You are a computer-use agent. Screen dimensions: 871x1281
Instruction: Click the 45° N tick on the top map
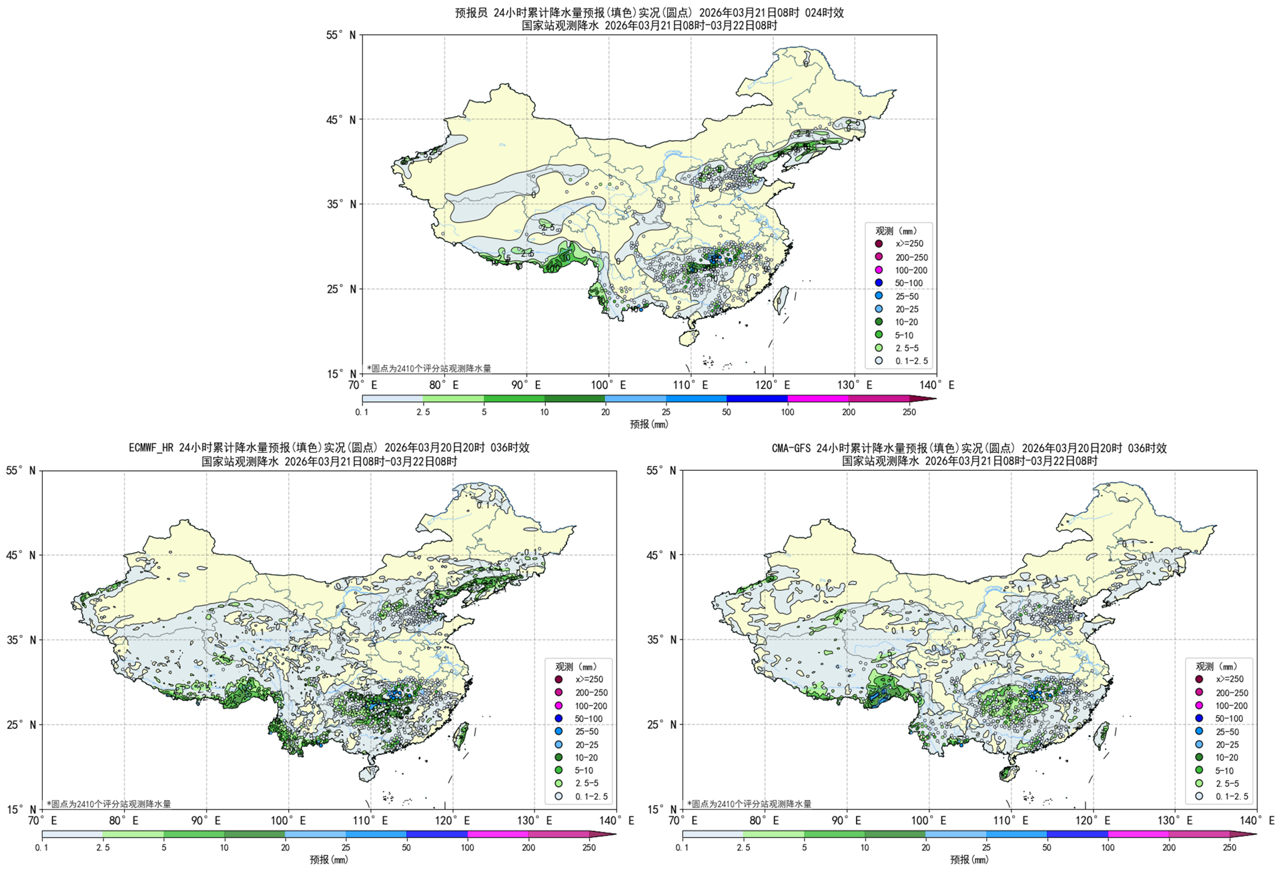pyautogui.click(x=341, y=119)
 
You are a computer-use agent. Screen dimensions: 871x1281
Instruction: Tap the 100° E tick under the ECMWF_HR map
pyautogui.click(x=288, y=820)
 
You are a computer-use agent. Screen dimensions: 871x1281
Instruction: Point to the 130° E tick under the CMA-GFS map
pyautogui.click(x=1175, y=820)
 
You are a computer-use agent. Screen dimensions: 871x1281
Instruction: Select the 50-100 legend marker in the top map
pyautogui.click(x=879, y=283)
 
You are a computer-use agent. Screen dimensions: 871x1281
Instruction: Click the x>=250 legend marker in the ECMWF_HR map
pyautogui.click(x=558, y=679)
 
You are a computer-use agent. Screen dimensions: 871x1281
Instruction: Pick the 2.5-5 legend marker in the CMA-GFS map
pyautogui.click(x=1199, y=783)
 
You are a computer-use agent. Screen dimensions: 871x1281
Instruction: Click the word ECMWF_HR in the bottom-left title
pyautogui.click(x=152, y=448)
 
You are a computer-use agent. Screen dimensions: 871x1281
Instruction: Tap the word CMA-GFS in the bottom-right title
pyautogui.click(x=792, y=448)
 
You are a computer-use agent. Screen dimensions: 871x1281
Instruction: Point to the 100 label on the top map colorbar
pyautogui.click(x=787, y=412)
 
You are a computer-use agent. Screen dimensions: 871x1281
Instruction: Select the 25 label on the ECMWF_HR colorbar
pyautogui.click(x=346, y=848)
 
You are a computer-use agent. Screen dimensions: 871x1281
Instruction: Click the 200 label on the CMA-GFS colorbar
pyautogui.click(x=1169, y=848)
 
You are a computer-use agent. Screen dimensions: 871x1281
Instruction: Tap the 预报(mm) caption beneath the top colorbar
pyautogui.click(x=649, y=424)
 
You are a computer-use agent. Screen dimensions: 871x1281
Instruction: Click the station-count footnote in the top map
pyautogui.click(x=428, y=368)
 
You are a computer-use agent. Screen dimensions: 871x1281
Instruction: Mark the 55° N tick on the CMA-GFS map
pyautogui.click(x=661, y=471)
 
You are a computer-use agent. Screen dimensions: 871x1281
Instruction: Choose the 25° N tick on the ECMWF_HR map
pyautogui.click(x=21, y=724)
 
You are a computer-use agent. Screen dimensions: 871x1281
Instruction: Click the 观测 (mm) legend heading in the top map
pyautogui.click(x=896, y=231)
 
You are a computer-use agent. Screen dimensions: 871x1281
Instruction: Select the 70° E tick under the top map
pyautogui.click(x=364, y=385)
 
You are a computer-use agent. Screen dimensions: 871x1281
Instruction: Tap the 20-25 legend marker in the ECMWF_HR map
pyautogui.click(x=558, y=744)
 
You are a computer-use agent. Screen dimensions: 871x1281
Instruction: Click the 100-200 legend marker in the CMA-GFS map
pyautogui.click(x=1199, y=705)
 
